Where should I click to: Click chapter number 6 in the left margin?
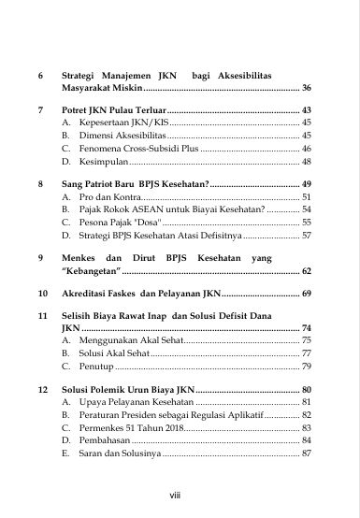pos(40,72)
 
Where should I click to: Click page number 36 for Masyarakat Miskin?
pos(307,87)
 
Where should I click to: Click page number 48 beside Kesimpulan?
pos(307,162)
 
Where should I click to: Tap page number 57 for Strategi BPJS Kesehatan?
pos(307,237)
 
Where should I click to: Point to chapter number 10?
pos(42,294)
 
